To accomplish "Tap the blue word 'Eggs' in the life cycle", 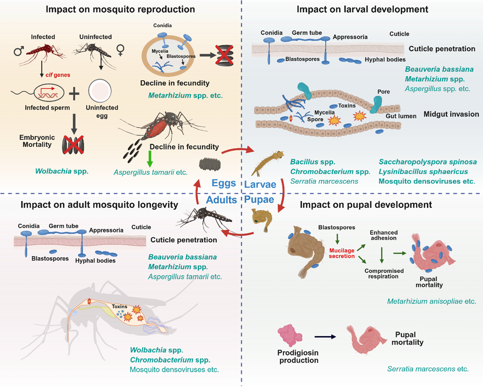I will pyautogui.click(x=223, y=183).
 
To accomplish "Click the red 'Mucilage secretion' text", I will pyautogui.click(x=342, y=253).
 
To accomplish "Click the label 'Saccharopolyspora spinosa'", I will pyautogui.click(x=428, y=162).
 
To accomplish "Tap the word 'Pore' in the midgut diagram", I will pyautogui.click(x=384, y=92).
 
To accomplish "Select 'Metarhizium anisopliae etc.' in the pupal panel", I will pyautogui.click(x=432, y=301).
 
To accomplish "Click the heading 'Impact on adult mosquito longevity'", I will pyautogui.click(x=98, y=204).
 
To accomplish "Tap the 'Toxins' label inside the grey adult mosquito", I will pyautogui.click(x=120, y=306).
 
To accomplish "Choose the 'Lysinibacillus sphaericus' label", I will pyautogui.click(x=423, y=172).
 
